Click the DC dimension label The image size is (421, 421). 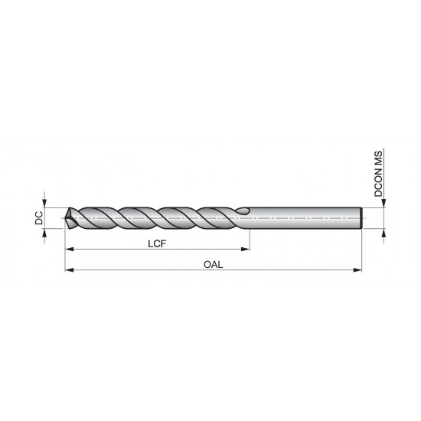(x=38, y=217)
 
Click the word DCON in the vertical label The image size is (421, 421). (x=378, y=187)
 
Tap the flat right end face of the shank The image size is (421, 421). (x=361, y=217)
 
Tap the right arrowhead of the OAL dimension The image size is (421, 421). (x=357, y=270)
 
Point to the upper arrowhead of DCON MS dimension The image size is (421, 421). (x=385, y=203)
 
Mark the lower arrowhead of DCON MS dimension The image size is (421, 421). (x=385, y=232)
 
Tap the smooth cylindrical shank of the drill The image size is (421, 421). (x=306, y=217)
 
